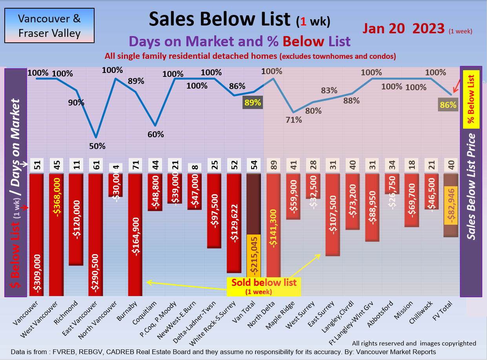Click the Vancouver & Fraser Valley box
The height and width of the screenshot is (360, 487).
click(49, 25)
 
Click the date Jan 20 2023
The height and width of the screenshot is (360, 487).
click(403, 28)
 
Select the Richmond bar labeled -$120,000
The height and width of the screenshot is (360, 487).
click(76, 219)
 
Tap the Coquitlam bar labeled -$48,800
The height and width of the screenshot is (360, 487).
click(155, 192)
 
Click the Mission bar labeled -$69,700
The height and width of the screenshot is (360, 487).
click(412, 200)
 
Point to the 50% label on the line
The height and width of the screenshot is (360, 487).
click(97, 146)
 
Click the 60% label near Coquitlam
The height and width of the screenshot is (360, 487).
click(156, 134)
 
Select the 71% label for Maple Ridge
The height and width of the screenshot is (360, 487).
click(294, 120)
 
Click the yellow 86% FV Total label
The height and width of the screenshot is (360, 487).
click(448, 105)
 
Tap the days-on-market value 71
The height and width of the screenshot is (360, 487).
click(135, 165)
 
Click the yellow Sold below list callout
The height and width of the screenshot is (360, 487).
click(264, 286)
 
